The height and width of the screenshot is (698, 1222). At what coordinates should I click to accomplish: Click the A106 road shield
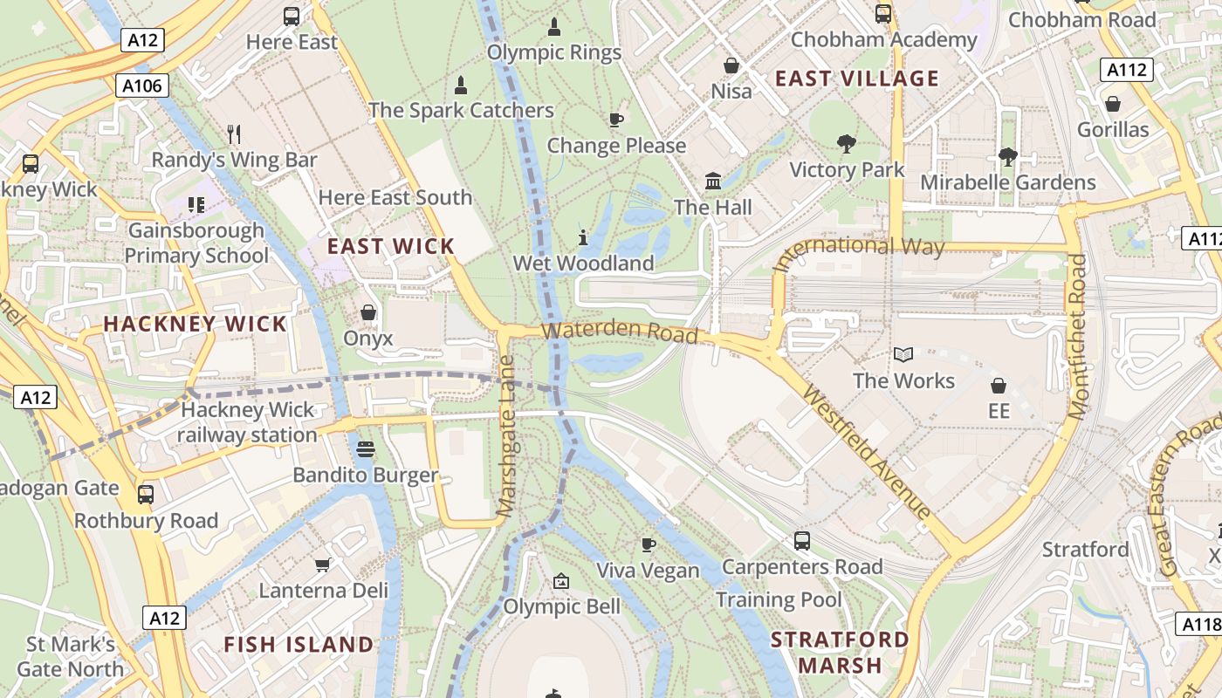point(141,85)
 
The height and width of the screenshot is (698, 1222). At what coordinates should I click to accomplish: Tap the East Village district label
point(856,79)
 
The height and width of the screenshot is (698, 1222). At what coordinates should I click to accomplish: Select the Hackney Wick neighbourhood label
point(195,324)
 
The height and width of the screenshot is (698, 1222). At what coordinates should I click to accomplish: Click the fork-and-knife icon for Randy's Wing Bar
point(233,133)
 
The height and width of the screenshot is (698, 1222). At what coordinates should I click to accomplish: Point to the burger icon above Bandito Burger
point(366,449)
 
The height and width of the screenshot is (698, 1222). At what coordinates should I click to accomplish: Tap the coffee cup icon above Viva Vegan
point(648,544)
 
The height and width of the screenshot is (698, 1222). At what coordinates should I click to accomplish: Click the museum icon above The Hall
point(713,181)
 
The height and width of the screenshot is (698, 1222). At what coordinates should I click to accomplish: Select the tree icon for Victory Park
point(846,143)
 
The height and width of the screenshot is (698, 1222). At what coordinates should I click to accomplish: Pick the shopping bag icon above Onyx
point(368,311)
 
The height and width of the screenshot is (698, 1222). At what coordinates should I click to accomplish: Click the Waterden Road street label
point(620,332)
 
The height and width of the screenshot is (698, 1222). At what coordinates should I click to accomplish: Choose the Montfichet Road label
point(1078,336)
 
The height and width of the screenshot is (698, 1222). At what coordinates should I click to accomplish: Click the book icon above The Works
point(903,354)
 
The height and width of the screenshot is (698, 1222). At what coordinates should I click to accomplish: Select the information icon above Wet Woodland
point(583,236)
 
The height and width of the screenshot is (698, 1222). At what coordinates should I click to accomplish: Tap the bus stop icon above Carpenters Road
point(801,540)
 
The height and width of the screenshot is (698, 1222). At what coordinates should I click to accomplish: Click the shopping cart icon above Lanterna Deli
point(322,565)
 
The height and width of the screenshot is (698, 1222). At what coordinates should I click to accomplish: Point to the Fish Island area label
point(299,645)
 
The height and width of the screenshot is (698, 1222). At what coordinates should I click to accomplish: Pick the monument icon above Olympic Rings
point(553,27)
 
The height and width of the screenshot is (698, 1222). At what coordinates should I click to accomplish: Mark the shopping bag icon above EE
point(999,385)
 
